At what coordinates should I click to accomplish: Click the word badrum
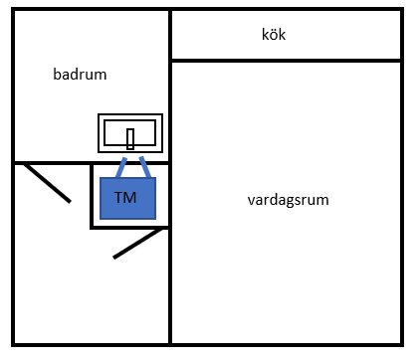[80, 74]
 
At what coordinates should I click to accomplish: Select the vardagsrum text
[289, 200]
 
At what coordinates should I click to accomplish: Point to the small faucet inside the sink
[130, 138]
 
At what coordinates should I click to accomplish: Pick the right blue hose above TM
[144, 166]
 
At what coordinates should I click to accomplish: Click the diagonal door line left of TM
[47, 183]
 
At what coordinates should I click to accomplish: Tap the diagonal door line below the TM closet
[137, 244]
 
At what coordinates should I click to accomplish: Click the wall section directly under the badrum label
[60, 162]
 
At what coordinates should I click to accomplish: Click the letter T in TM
[120, 198]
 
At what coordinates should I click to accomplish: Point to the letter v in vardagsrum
[251, 200]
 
